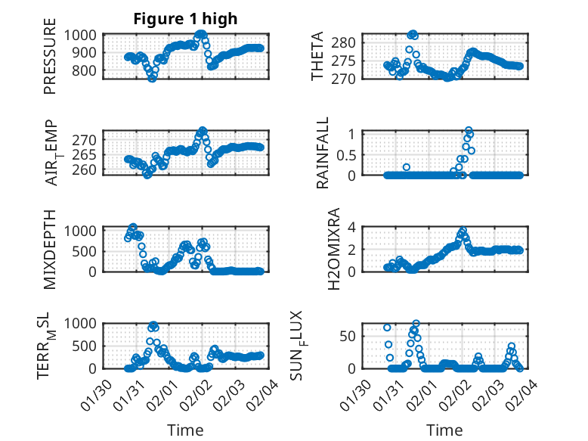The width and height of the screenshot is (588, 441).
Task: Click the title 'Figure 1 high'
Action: point(185,19)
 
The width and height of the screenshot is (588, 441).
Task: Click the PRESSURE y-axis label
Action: point(50,61)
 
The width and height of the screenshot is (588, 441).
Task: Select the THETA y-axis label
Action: point(318,57)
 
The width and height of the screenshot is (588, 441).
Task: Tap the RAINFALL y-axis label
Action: point(323,154)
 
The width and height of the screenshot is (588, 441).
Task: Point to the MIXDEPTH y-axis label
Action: point(50,250)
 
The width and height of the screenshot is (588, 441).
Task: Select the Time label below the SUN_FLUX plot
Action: point(444,430)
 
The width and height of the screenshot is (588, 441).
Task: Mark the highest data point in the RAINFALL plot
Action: point(469,131)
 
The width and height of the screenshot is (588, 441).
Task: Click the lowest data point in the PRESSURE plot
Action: point(152,78)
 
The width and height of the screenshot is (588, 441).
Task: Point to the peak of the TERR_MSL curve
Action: point(153,326)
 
